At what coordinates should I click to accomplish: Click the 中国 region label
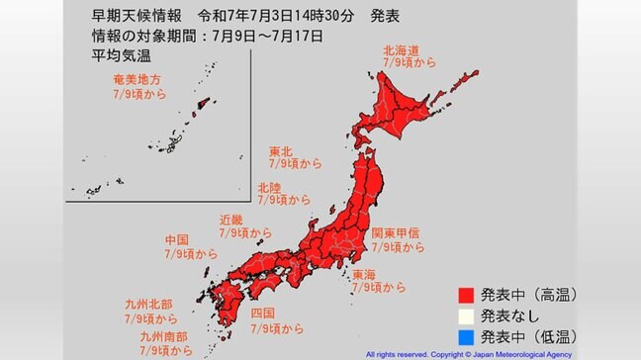(178, 240)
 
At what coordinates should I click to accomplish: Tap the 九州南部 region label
(159, 336)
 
